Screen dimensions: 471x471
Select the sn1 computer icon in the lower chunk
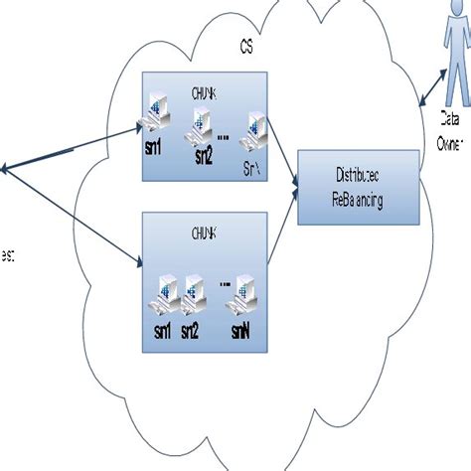click(x=163, y=290)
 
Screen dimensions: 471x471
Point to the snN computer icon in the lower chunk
click(x=244, y=290)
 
